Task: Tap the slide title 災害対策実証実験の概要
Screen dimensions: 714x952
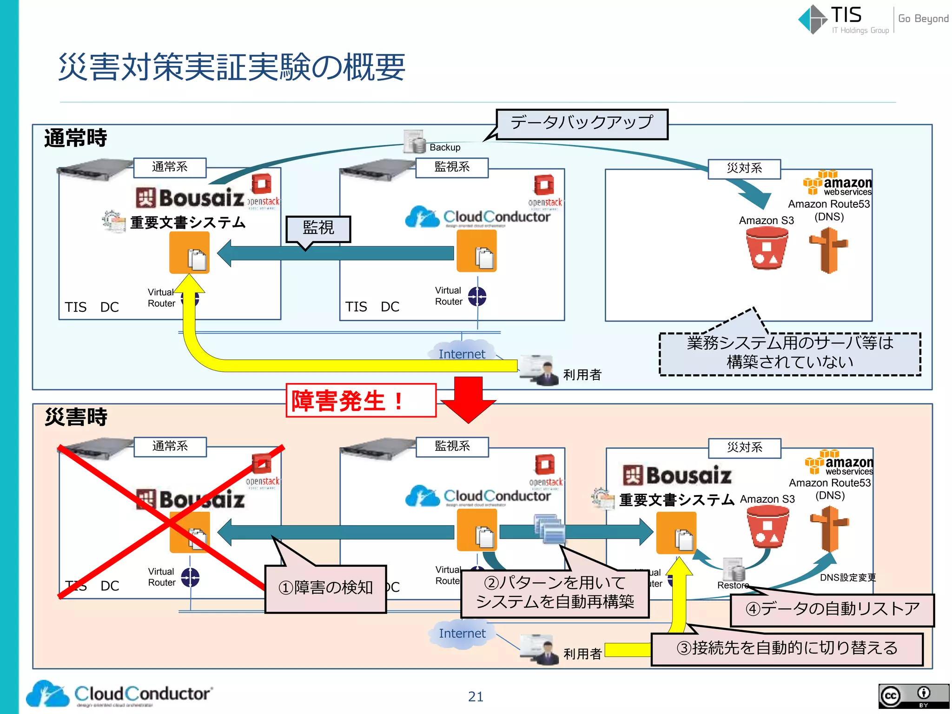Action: (x=231, y=67)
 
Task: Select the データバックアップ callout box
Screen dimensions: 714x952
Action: (x=582, y=124)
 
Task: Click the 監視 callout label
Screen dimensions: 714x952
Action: (x=318, y=228)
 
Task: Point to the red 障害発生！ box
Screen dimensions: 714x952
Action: (x=361, y=400)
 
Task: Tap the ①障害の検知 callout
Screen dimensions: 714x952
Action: (x=325, y=588)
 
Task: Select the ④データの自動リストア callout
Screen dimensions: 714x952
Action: (x=832, y=609)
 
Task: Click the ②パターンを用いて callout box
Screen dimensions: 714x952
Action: (x=555, y=593)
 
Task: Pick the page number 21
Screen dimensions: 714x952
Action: (x=476, y=696)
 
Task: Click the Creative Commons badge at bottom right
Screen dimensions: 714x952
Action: (x=913, y=695)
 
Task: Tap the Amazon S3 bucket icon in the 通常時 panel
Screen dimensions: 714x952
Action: (x=767, y=250)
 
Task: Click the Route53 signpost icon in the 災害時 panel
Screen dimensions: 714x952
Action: (x=829, y=529)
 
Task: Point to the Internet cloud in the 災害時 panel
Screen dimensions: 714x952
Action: (x=462, y=634)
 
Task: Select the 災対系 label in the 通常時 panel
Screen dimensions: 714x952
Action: (x=744, y=168)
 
